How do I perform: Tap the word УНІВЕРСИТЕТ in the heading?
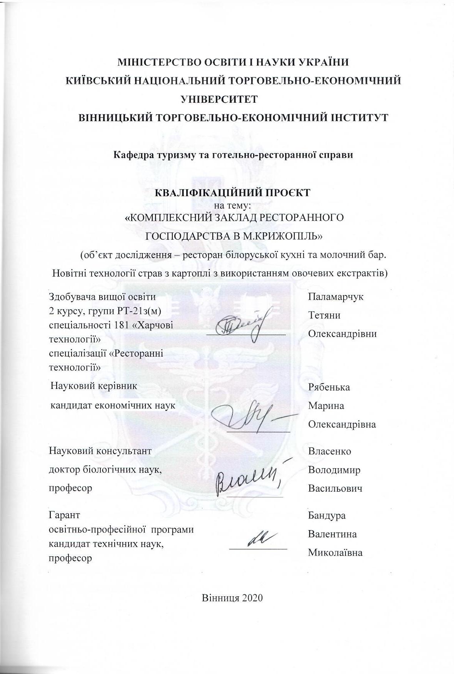point(219,99)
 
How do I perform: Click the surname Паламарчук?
point(335,297)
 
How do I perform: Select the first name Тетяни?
point(324,315)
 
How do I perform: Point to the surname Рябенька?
point(329,387)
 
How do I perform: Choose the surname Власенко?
point(329,451)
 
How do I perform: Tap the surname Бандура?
point(327,516)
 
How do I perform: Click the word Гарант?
point(65,515)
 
